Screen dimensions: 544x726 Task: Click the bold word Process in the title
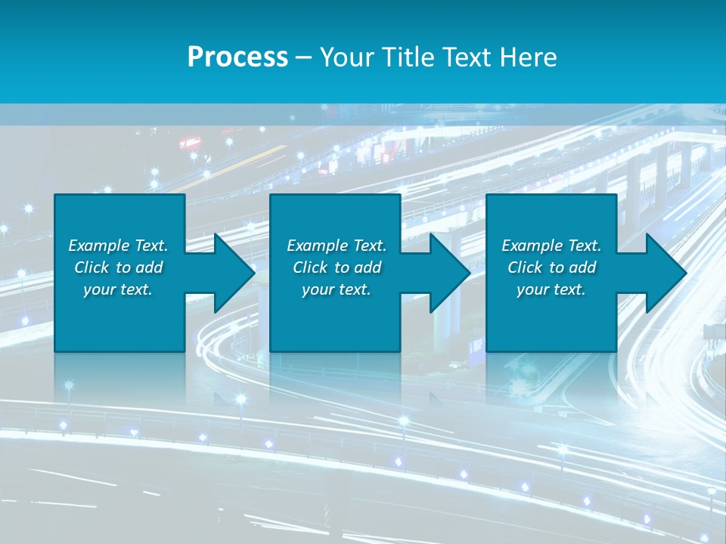[x=237, y=57]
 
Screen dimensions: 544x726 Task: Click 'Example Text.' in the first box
[x=118, y=246]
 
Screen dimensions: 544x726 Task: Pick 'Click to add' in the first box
[x=118, y=267]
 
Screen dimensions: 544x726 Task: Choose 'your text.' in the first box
[x=118, y=289]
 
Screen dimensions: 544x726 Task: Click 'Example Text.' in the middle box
[x=337, y=246]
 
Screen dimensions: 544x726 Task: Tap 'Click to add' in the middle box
[x=337, y=267]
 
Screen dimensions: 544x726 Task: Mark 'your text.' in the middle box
[x=337, y=289]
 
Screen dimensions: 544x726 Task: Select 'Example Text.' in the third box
[x=551, y=246]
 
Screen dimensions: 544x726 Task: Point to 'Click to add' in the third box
[x=551, y=267]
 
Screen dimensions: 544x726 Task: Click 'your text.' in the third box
[x=551, y=289]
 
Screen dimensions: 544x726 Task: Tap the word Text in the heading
[x=467, y=57]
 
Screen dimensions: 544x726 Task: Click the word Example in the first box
[x=99, y=246]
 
